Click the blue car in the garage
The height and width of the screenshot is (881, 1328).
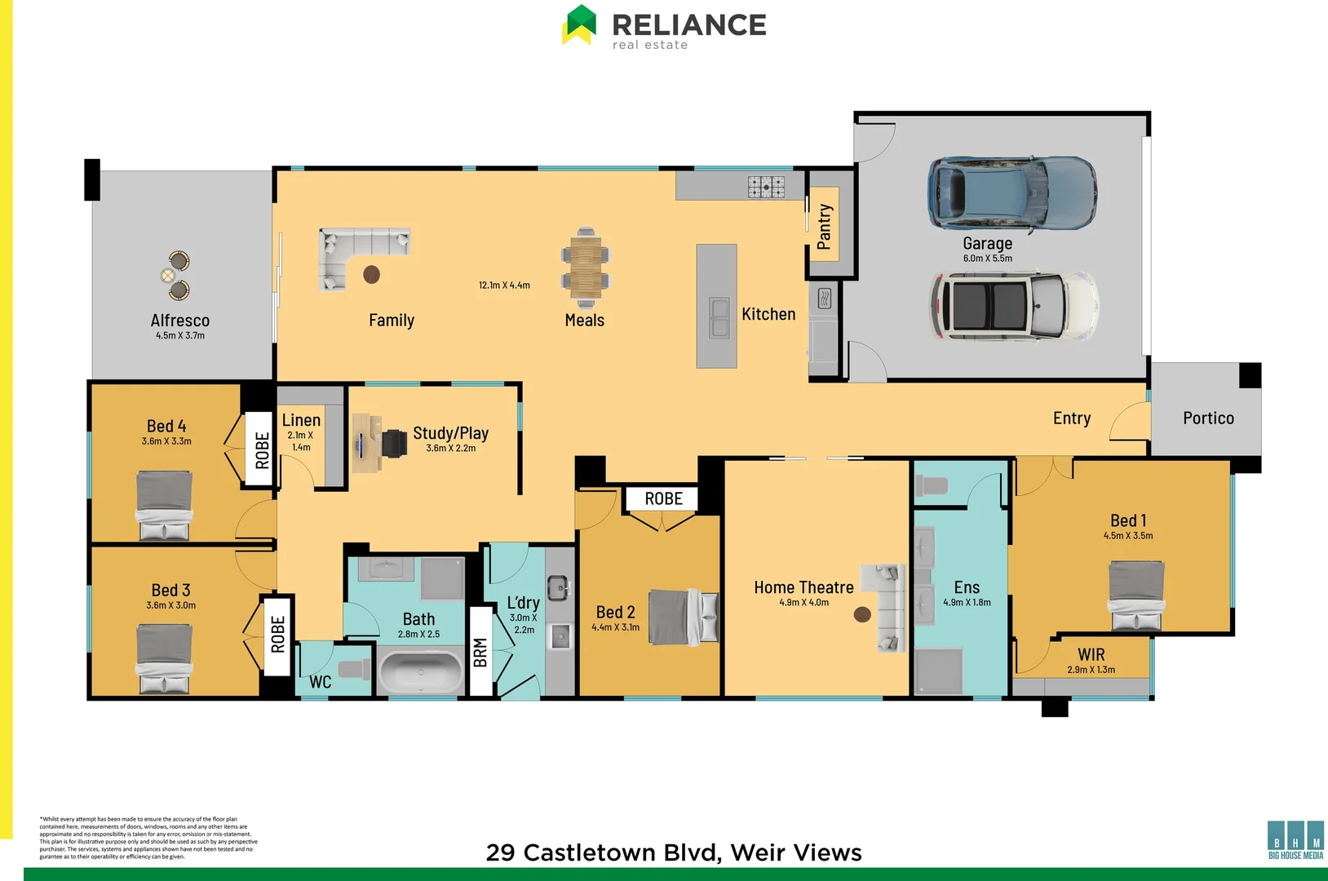coord(1011,194)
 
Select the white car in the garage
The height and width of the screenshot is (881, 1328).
coord(1014,306)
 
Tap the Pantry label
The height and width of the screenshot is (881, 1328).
coord(824,226)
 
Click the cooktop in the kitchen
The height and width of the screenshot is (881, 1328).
coord(766,187)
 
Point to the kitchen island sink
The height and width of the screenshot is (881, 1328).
coord(719,318)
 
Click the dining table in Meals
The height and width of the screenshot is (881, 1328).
coord(585,263)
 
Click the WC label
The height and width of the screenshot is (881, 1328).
coord(320,682)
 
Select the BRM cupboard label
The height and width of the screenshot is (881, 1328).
coord(480,653)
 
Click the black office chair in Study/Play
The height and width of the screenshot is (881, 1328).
coord(394,443)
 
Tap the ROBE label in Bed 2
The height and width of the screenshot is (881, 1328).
coord(663,498)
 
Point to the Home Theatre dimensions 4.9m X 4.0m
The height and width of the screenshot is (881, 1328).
coord(803,603)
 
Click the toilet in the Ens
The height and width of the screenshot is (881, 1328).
coord(932,486)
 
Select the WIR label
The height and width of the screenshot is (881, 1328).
coord(1091,654)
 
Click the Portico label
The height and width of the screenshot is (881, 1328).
coord(1208,418)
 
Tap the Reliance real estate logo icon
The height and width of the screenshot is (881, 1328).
coord(580,24)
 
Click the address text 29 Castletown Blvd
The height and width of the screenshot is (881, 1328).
coord(602,852)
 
